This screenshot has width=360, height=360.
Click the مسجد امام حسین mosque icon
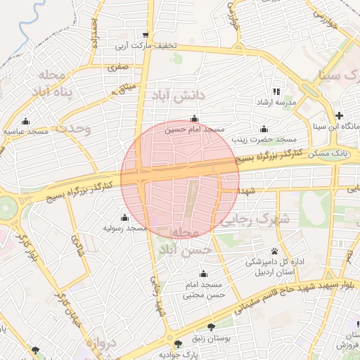(x=194, y=118)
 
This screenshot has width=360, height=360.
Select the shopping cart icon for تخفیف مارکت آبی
(x=146, y=35)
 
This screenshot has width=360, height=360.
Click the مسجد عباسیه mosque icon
(x=26, y=121)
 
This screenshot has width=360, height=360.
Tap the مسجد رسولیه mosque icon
(x=125, y=217)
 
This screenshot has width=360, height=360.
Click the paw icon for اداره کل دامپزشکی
(x=274, y=251)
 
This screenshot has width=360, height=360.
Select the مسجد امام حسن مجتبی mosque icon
(x=204, y=274)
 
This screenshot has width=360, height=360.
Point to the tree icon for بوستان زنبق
(x=212, y=326)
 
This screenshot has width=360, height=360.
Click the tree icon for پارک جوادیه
(x=179, y=344)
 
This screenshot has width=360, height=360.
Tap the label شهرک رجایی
(x=255, y=219)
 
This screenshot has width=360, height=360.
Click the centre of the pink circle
(x=180, y=179)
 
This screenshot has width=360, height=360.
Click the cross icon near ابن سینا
(x=340, y=115)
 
